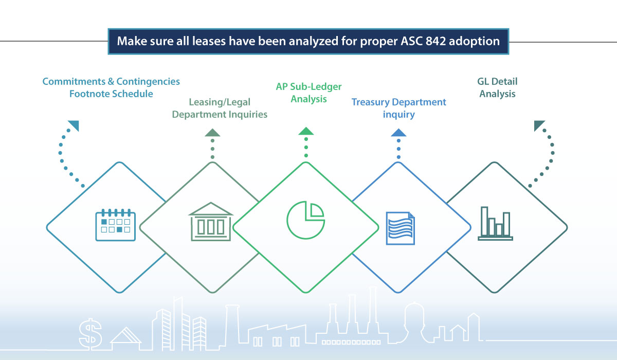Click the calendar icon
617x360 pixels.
click(115, 225)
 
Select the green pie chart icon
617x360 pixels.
click(306, 220)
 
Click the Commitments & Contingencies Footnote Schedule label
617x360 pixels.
click(111, 87)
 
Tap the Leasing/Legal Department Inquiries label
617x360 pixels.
click(220, 108)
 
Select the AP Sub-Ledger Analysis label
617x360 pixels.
click(308, 93)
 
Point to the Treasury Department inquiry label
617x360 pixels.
click(398, 108)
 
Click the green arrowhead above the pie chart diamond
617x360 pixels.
click(306, 131)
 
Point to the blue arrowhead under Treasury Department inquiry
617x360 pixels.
click(398, 133)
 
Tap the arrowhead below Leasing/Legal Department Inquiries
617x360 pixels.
click(212, 133)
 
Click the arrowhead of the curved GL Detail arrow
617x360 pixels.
click(539, 126)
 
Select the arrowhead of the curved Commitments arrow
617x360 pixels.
click(74, 126)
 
